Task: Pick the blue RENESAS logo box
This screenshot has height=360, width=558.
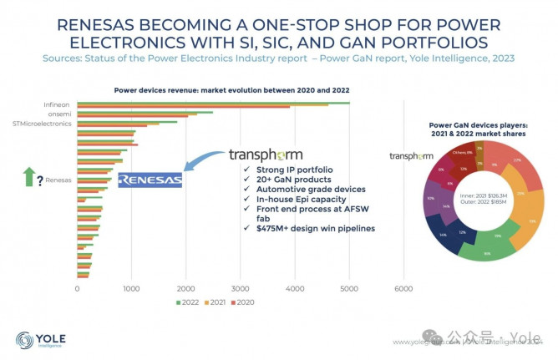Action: click(150, 180)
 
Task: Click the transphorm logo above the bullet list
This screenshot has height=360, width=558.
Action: click(265, 155)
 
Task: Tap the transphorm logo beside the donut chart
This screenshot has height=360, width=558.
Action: click(411, 155)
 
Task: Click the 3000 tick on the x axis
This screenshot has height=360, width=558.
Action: click(241, 289)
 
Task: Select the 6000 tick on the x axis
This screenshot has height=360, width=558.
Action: click(403, 289)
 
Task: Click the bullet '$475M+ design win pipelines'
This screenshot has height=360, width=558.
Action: click(308, 227)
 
